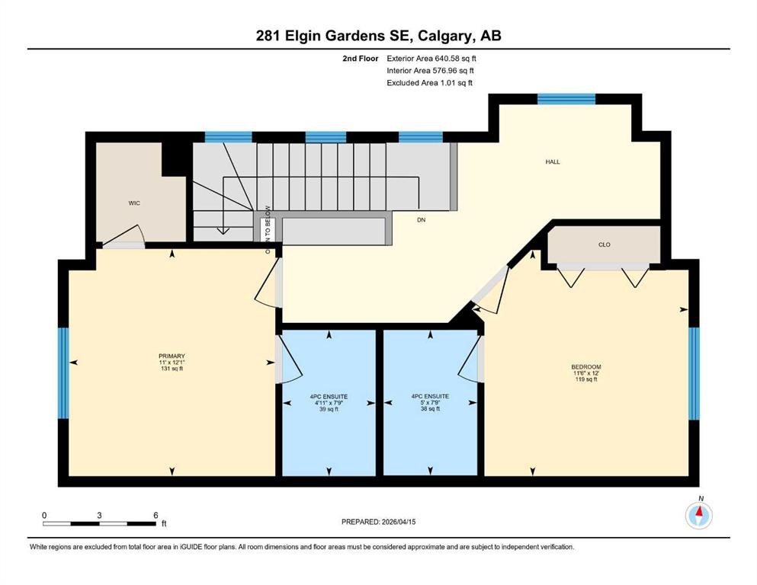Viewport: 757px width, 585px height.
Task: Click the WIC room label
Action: [134, 203]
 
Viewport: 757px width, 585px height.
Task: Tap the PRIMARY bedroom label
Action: [172, 356]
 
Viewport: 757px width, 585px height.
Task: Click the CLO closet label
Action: [605, 245]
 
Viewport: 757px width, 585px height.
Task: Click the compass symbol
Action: [698, 516]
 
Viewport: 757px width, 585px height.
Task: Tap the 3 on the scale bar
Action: [99, 515]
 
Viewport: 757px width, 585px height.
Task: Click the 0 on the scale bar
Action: [44, 515]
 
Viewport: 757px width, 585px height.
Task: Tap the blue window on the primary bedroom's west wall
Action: [63, 373]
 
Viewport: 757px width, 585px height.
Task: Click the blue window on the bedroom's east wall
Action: [694, 373]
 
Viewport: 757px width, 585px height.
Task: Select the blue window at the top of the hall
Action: [566, 98]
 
